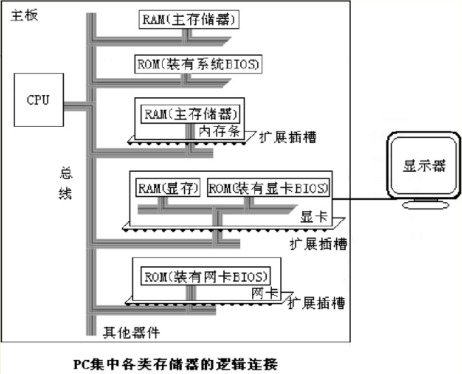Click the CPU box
click(x=39, y=100)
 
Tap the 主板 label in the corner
click(x=24, y=15)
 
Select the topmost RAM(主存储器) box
click(x=189, y=20)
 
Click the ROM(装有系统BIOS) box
click(x=198, y=64)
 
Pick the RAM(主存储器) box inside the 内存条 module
click(x=190, y=114)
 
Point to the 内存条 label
click(x=220, y=131)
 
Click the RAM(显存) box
click(x=168, y=188)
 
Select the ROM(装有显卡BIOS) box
click(x=268, y=188)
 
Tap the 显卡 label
click(x=314, y=217)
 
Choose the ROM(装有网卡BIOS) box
click(x=206, y=276)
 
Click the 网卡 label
click(x=265, y=293)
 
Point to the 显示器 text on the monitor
click(x=424, y=166)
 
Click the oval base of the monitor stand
click(x=425, y=205)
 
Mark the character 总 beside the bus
click(x=65, y=173)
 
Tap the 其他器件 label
click(x=131, y=332)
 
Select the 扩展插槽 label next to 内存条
click(x=287, y=137)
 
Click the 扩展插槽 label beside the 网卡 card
click(x=316, y=303)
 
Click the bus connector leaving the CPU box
click(x=75, y=106)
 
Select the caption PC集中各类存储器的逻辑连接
click(x=175, y=364)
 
